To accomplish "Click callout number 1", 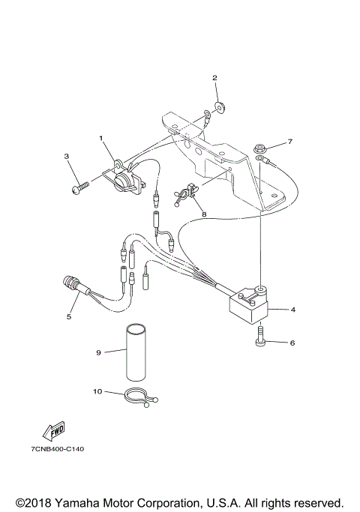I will coord(100,138).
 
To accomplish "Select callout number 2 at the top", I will coord(214,78).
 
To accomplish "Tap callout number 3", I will coord(66,157).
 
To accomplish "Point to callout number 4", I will coord(292,309).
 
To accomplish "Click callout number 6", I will coord(292,343).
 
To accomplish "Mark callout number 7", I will coord(290,141).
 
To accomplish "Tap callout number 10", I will coord(97,391).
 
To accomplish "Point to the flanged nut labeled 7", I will coord(259,146).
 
